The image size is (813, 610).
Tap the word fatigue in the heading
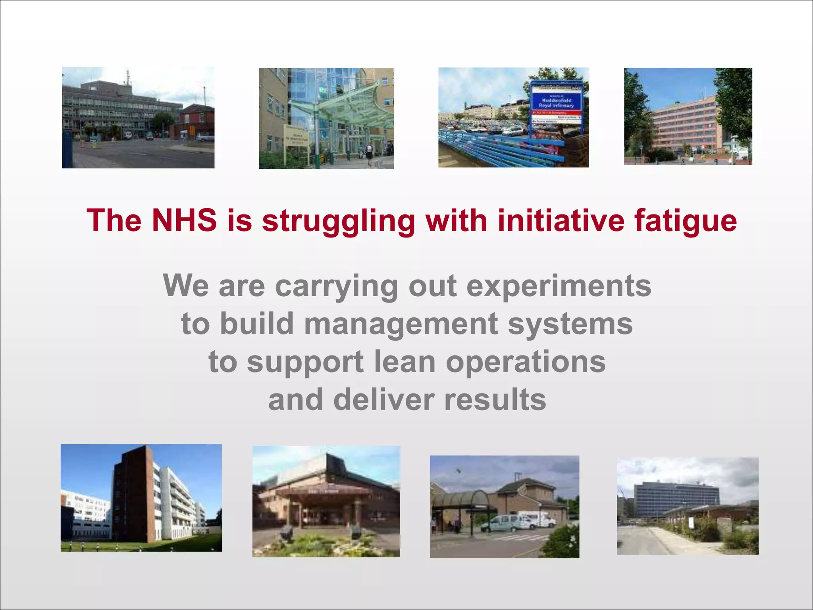(685, 221)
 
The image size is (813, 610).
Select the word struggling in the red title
(339, 221)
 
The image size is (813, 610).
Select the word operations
(526, 362)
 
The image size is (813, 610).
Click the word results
(495, 400)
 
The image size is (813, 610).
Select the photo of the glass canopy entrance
(326, 118)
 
